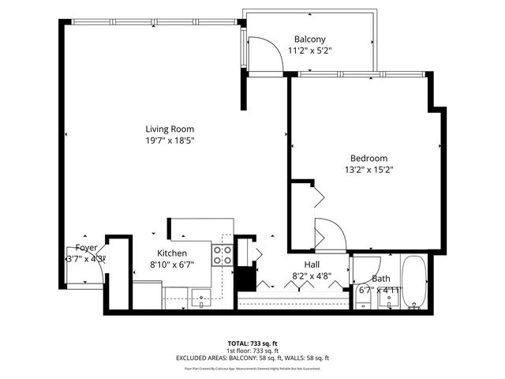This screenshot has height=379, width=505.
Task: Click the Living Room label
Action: coord(169,129)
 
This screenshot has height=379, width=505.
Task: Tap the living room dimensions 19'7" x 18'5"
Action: coord(169,141)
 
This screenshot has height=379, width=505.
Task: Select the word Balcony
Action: coord(310,39)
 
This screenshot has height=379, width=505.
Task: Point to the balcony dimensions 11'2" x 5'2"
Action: coord(310,51)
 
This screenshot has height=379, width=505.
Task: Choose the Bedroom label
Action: coord(368,157)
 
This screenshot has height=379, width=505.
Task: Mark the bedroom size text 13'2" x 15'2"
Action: coord(368,169)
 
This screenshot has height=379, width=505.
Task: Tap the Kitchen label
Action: coord(171,253)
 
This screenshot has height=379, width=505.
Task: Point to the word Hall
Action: coord(312,265)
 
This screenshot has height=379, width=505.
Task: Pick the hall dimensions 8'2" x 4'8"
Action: coord(312,276)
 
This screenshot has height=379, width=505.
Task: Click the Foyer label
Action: coord(86,247)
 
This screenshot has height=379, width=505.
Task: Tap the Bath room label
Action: coord(381,279)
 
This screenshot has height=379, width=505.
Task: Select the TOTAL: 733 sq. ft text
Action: coord(252,343)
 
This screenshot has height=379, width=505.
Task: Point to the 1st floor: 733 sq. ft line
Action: coord(252,351)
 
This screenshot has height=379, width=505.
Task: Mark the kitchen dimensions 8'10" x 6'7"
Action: coord(171,265)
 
